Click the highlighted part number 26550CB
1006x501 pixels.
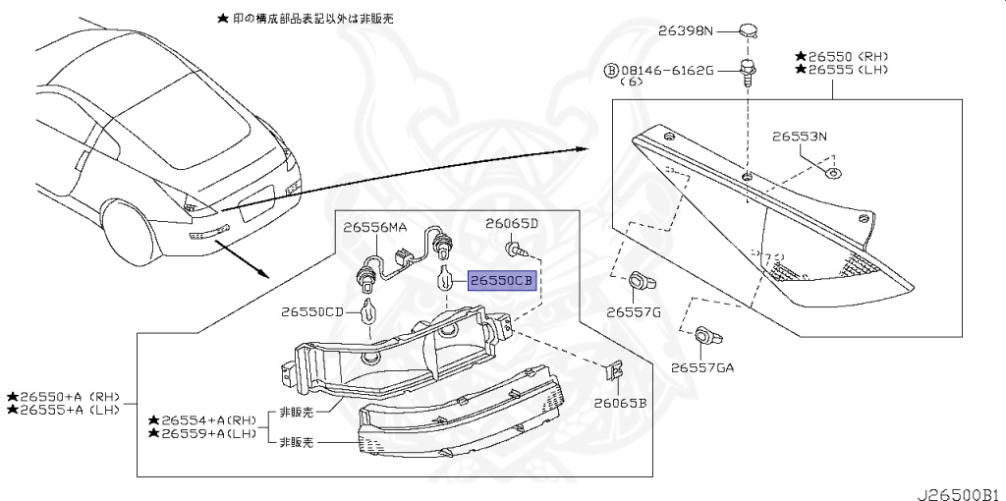(501, 281)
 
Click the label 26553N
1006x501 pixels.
(799, 137)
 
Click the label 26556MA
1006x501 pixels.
(374, 228)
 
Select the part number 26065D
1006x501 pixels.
(512, 224)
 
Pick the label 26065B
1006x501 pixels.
(620, 403)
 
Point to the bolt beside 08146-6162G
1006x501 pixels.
(751, 72)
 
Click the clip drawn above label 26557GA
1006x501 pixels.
(706, 336)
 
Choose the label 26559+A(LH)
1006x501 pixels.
(208, 433)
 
